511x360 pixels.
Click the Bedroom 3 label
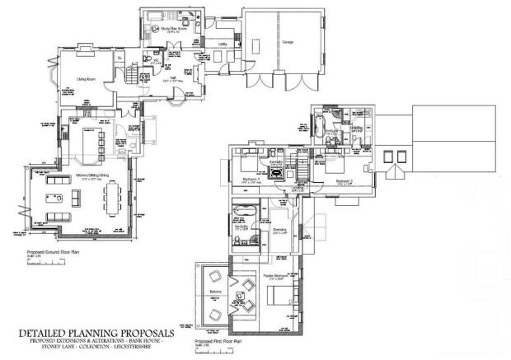click(252, 179)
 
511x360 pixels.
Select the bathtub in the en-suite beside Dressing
click(245, 208)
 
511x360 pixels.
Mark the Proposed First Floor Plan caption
click(217, 340)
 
